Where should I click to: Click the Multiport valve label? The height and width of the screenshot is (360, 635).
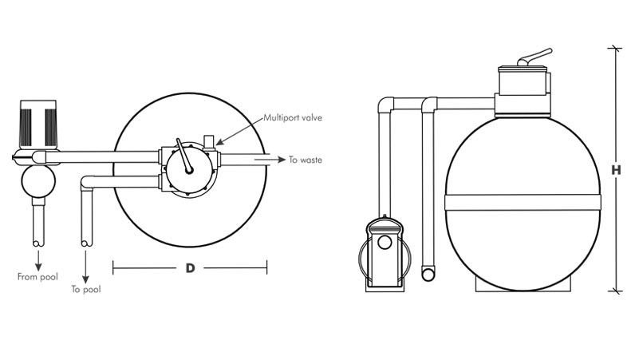293,118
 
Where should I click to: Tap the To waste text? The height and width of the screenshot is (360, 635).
306,160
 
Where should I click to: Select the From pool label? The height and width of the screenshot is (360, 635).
37,277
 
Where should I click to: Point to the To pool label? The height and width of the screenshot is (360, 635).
86,289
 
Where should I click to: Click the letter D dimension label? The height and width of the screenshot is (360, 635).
190,268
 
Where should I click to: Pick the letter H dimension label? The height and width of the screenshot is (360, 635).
616,170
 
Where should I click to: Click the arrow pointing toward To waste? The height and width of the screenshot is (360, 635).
270,160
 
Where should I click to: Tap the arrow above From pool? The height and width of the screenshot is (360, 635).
38,260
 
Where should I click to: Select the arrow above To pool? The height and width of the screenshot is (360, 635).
85,267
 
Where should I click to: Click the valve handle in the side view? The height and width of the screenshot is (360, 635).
534,57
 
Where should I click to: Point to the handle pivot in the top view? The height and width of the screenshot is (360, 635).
189,171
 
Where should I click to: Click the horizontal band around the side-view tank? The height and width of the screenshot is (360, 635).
523,202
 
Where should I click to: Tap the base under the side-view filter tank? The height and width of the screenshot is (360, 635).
523,286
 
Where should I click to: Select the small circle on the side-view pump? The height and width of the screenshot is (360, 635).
385,243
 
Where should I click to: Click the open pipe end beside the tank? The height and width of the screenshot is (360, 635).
428,273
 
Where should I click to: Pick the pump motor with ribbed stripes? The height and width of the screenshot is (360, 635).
38,124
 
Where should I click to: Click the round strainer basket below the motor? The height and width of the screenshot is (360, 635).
38,181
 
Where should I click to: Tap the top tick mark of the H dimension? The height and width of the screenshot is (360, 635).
615,49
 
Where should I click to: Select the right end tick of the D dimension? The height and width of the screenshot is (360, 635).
266,267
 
